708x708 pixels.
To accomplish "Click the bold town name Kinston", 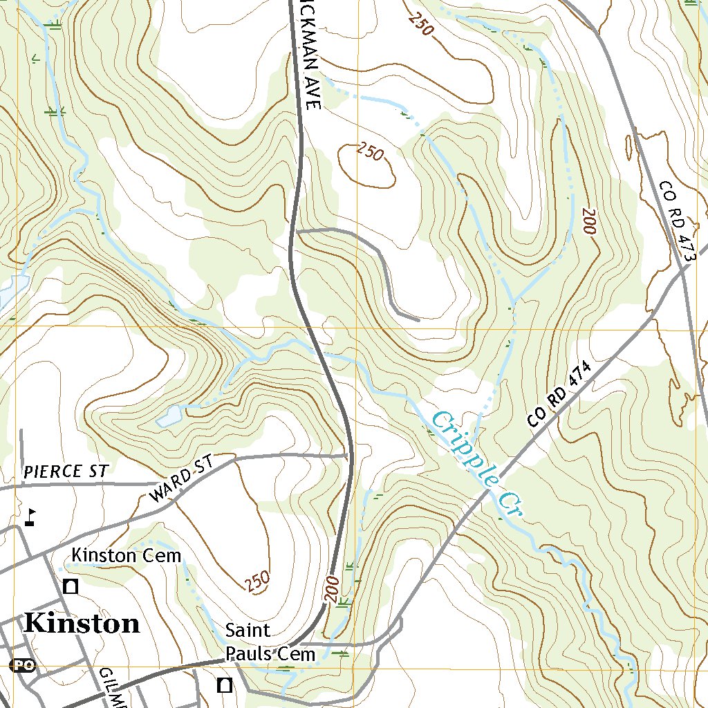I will click(81, 623).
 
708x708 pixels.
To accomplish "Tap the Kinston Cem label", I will click(127, 555).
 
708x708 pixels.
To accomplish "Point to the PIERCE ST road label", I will click(65, 472).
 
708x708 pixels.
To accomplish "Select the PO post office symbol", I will click(23, 665).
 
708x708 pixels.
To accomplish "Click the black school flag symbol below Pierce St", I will click(30, 516).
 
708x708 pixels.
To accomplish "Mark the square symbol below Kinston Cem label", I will click(70, 587).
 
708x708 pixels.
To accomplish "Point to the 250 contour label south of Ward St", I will click(257, 581).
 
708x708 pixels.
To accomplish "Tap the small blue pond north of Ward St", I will click(169, 416).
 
